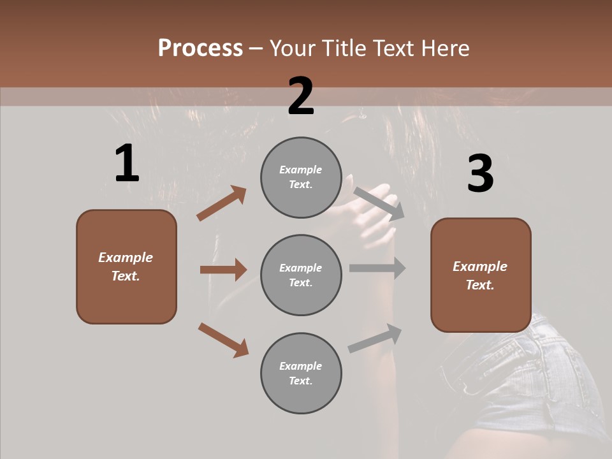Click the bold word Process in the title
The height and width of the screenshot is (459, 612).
tap(200, 48)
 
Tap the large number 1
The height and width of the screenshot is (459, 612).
tap(127, 163)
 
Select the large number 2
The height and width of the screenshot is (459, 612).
tap(301, 96)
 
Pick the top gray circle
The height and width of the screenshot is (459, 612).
tap(301, 154)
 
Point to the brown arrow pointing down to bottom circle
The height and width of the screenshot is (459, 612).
tap(223, 340)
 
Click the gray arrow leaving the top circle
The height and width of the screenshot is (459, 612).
tap(379, 203)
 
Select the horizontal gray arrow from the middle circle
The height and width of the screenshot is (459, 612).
tap(377, 268)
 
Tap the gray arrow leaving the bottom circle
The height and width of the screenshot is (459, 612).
tap(375, 338)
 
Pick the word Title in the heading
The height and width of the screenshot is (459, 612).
tap(343, 48)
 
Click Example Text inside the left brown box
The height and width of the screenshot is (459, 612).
tap(126, 266)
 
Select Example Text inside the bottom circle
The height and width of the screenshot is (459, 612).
tap(301, 373)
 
